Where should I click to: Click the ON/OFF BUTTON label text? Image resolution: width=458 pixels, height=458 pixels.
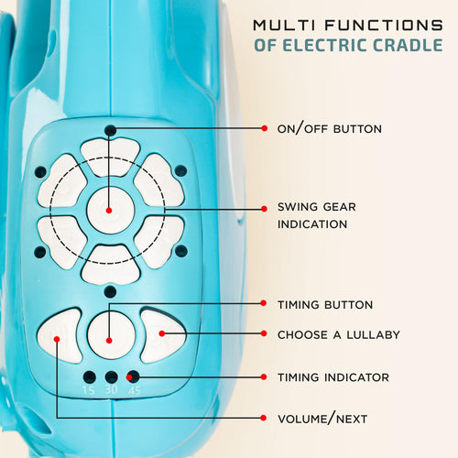point(330,129)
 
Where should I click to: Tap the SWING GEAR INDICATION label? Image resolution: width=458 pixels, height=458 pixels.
point(317,215)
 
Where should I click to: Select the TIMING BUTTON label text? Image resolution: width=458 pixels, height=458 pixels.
point(325,305)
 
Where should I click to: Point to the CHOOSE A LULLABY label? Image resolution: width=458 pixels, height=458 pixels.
point(339,335)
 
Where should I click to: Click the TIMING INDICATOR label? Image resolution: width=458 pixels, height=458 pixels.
point(333,377)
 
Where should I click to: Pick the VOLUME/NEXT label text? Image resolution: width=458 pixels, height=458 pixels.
point(322,419)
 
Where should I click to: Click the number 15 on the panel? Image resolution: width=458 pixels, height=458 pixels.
point(89,390)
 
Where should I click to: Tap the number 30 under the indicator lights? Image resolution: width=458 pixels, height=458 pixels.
point(112,389)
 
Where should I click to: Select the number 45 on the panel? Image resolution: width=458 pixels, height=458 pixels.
point(135,390)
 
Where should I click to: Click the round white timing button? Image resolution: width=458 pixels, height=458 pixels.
point(111,335)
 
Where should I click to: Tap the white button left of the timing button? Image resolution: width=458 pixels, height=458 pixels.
point(60,336)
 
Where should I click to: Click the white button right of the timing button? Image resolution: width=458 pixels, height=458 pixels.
point(163,335)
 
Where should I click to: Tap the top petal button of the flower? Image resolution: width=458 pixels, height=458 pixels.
point(110,157)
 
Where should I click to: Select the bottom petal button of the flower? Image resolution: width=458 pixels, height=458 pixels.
point(111,265)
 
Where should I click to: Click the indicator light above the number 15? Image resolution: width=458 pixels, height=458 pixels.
point(90,377)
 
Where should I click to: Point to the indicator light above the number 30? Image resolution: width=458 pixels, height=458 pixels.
point(112,377)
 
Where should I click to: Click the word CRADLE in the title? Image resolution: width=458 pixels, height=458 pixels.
point(408,45)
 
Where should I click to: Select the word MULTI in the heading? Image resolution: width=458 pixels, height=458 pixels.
point(284,25)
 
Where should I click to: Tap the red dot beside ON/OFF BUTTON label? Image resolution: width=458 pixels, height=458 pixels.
point(265,128)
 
